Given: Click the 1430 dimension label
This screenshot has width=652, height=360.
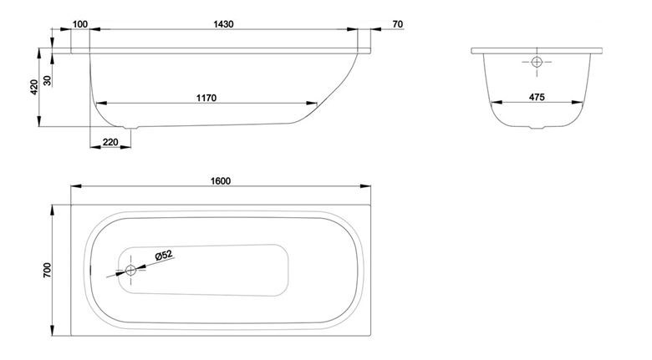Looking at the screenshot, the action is tap(223, 24).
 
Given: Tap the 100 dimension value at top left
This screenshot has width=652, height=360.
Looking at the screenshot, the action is tap(80, 24).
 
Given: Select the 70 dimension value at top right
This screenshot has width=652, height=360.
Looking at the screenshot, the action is tap(398, 24).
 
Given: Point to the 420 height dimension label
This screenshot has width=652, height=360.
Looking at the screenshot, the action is tap(34, 87).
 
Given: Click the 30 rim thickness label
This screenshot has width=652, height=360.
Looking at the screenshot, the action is tap(48, 80).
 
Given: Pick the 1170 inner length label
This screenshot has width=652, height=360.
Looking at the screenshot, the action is tap(206, 98).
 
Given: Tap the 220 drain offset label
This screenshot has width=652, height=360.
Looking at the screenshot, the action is tap(110, 142).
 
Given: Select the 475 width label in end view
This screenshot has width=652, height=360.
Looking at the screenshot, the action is tap(537, 97).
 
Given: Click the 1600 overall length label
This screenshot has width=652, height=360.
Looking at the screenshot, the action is tap(221, 181).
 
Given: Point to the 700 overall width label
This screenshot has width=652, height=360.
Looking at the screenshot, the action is tap(47, 270).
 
